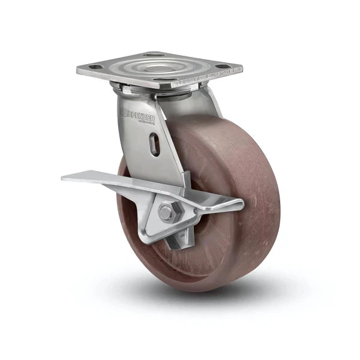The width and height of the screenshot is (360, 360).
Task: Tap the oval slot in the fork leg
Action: [x=155, y=145]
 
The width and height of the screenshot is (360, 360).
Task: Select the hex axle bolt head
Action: [x=168, y=211]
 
